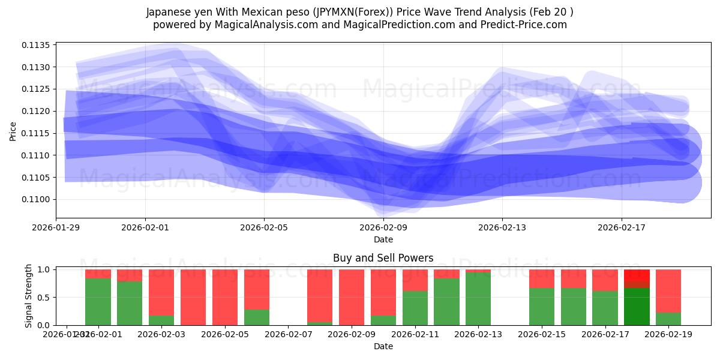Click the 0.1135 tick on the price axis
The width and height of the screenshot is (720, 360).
[x=40, y=45]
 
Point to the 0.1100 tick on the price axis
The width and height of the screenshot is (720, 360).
[x=40, y=199]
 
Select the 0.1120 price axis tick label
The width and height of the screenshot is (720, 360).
[x=40, y=111]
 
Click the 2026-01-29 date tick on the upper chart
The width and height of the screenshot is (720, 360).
[x=56, y=228]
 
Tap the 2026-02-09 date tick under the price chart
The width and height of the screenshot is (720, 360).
[x=383, y=228]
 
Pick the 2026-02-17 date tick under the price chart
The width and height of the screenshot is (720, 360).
[x=622, y=228]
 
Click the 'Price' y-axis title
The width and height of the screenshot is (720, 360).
[x=13, y=130]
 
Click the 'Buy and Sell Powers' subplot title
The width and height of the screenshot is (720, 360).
[x=383, y=259]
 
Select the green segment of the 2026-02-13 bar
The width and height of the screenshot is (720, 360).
[x=478, y=299]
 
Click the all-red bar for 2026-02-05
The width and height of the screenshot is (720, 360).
[x=225, y=297]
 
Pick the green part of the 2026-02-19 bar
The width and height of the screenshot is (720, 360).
[x=668, y=319]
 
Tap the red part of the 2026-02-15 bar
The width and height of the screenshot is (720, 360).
[x=542, y=278]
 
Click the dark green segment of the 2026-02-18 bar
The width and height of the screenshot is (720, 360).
[x=637, y=307]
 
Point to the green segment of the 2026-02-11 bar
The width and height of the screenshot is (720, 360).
[x=415, y=308]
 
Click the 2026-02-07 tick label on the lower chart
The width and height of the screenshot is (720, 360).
[x=289, y=335]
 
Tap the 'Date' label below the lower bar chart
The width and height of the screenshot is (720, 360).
[x=383, y=346]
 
